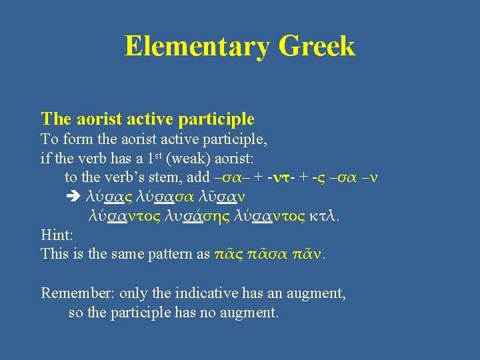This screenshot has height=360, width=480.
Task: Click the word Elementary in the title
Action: coord(197,47)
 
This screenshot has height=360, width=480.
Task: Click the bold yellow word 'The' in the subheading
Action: coord(55,119)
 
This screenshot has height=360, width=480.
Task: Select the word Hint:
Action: coord(56,235)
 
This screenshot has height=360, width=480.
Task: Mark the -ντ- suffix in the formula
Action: coord(276,179)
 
